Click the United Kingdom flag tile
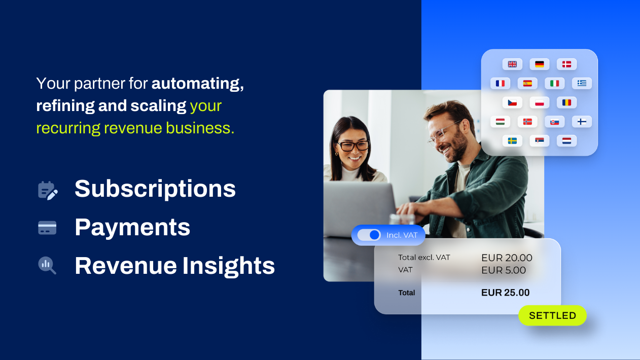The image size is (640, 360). click(512, 64)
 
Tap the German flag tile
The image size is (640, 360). click(540, 64)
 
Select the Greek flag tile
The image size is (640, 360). click(582, 84)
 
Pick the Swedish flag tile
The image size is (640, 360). click(512, 141)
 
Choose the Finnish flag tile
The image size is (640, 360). click(582, 122)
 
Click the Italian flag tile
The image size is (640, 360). click(555, 84)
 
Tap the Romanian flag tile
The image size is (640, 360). click(566, 102)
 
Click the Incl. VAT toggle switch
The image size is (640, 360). click(369, 235)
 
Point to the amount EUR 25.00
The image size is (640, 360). click(506, 293)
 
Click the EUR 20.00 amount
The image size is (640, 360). click(507, 258)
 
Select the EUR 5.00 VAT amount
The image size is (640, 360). click(504, 270)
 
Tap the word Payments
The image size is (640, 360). click(132, 228)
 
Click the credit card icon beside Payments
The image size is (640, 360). click(47, 228)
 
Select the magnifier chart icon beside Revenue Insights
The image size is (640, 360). click(47, 265)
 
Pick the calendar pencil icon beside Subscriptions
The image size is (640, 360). click(48, 191)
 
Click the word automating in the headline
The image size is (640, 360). click(198, 84)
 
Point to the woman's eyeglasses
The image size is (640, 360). click(353, 146)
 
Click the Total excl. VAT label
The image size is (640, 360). click(424, 258)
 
